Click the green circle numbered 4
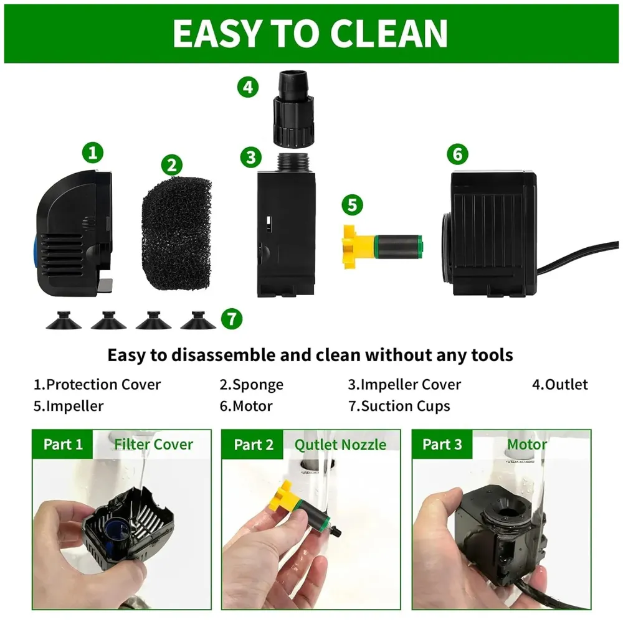(x=247, y=87)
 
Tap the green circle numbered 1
(x=93, y=151)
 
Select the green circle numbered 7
(x=231, y=319)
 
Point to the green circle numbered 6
(x=457, y=154)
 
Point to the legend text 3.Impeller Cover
(x=404, y=385)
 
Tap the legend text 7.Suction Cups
(x=399, y=407)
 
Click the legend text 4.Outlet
(x=559, y=385)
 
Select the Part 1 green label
(x=63, y=445)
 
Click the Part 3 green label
(x=442, y=445)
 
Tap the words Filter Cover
(x=153, y=445)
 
